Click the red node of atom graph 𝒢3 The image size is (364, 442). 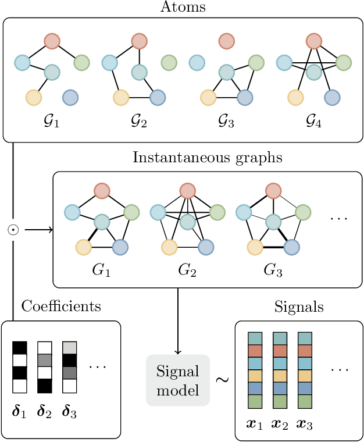[x=226, y=41]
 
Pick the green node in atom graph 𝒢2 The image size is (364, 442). [x=169, y=62]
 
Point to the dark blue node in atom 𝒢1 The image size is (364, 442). [x=70, y=97]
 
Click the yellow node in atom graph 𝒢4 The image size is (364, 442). [x=296, y=97]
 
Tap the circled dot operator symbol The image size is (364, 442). [x=12, y=230]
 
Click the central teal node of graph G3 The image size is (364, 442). [x=273, y=222]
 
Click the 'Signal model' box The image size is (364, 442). [x=177, y=380]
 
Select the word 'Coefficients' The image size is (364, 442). [x=61, y=306]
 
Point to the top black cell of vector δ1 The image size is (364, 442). [x=20, y=347]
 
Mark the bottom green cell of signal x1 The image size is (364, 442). [x=255, y=402]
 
